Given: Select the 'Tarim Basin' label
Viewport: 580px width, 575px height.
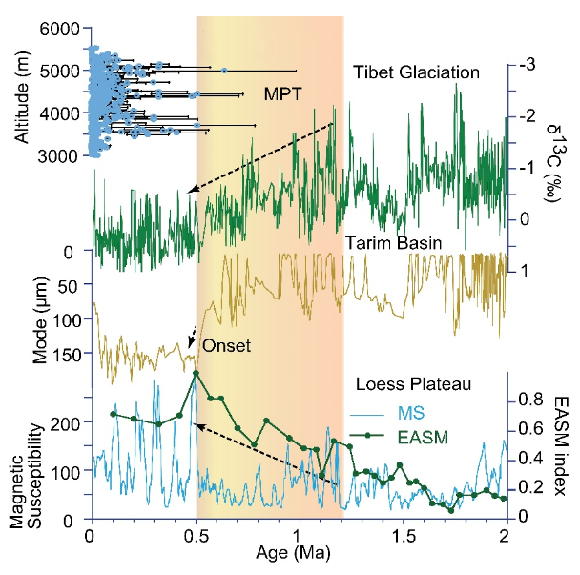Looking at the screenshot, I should click(x=394, y=243).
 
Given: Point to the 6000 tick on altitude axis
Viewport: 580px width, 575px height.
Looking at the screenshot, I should click(x=62, y=31).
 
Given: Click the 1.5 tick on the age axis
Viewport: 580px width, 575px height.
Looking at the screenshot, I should click(x=402, y=536).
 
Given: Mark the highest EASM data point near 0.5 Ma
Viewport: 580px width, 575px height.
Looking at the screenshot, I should click(x=196, y=373).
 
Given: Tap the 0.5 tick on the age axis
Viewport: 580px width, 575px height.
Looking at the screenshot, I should click(x=194, y=536).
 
